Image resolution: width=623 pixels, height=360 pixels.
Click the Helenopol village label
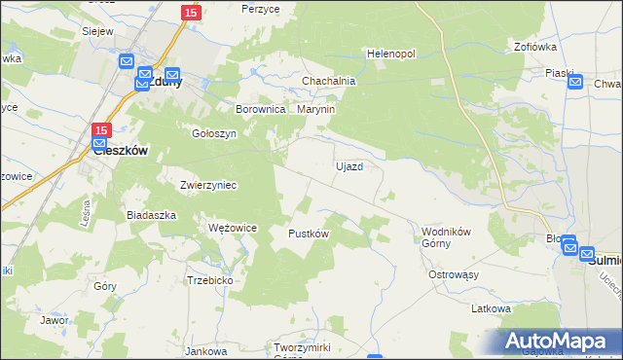click(390, 53)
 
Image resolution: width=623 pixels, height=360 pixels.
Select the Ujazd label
click(349, 166)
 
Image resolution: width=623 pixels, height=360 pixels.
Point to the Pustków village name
click(309, 234)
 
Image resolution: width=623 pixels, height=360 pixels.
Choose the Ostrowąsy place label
click(455, 274)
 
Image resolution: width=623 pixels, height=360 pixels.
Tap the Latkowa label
click(491, 308)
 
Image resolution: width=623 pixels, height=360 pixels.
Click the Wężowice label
click(233, 227)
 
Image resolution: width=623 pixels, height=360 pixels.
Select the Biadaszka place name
click(151, 214)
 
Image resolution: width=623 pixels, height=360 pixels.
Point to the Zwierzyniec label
click(208, 184)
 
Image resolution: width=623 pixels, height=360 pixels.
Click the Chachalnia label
click(328, 81)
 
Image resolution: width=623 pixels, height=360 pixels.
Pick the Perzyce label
click(261, 8)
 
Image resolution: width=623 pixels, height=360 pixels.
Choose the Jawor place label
click(54, 319)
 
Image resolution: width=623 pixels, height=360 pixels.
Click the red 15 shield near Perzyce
click(191, 12)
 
